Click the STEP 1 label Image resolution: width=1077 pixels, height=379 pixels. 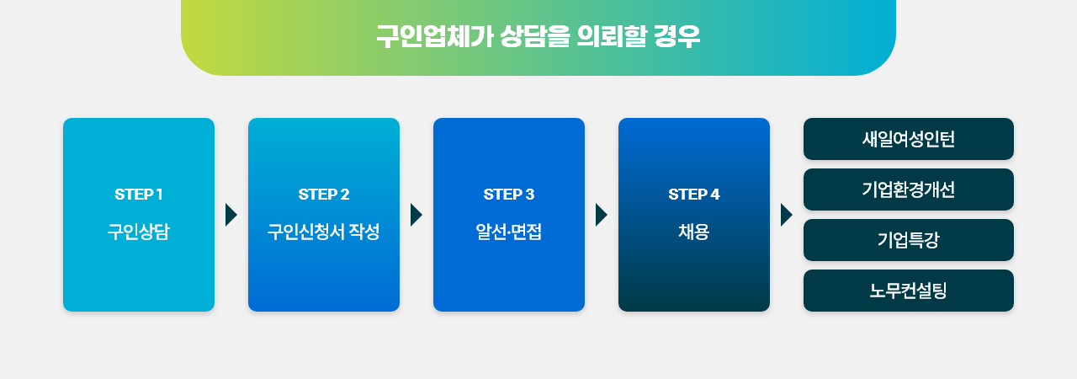click(139, 195)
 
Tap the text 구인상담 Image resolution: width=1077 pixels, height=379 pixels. click(139, 232)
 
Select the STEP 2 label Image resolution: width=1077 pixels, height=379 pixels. click(324, 195)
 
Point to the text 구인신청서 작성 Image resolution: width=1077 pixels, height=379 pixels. click(324, 232)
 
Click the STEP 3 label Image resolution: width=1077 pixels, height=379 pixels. click(509, 195)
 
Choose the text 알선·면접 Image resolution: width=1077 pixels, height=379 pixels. click(509, 232)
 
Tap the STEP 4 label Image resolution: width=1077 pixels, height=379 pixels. click(694, 195)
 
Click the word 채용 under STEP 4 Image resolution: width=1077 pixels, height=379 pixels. click(694, 232)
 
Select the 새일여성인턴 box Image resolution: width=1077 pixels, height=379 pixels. click(908, 139)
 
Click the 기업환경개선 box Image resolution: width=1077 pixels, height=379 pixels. click(908, 189)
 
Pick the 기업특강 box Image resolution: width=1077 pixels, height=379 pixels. click(908, 240)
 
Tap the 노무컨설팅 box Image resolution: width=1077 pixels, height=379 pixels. click(908, 291)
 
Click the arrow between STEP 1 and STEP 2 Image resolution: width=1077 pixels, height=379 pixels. click(231, 215)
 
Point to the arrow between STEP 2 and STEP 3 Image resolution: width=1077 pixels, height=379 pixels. click(416, 215)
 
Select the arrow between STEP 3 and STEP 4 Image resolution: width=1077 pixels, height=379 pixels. click(601, 215)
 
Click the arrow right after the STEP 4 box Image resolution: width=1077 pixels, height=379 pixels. click(786, 215)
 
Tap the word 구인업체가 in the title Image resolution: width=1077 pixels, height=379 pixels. click(435, 36)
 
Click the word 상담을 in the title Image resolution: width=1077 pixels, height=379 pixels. click(534, 36)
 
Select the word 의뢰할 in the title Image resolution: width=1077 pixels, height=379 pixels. click(612, 36)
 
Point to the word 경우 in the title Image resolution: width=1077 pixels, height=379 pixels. click(677, 36)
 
